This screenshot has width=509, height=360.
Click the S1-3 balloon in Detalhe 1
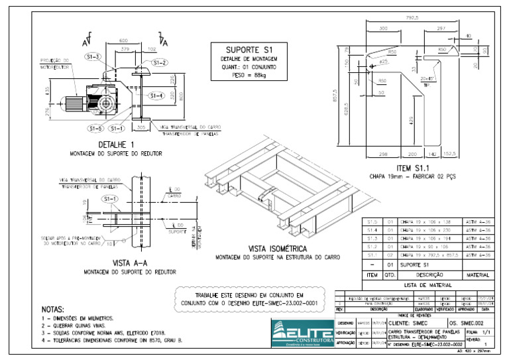pos(93,57)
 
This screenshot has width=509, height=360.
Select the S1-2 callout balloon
pos(159,62)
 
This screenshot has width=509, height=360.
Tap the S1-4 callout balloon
pos(156,95)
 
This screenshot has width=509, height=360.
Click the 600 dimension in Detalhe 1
pos(123,42)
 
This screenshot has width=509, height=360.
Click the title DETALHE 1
pos(116,145)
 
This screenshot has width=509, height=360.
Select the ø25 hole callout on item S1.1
pos(382,62)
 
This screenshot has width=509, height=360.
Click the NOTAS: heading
pos(53,309)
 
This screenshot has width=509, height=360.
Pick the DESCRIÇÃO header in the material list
pos(429,274)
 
